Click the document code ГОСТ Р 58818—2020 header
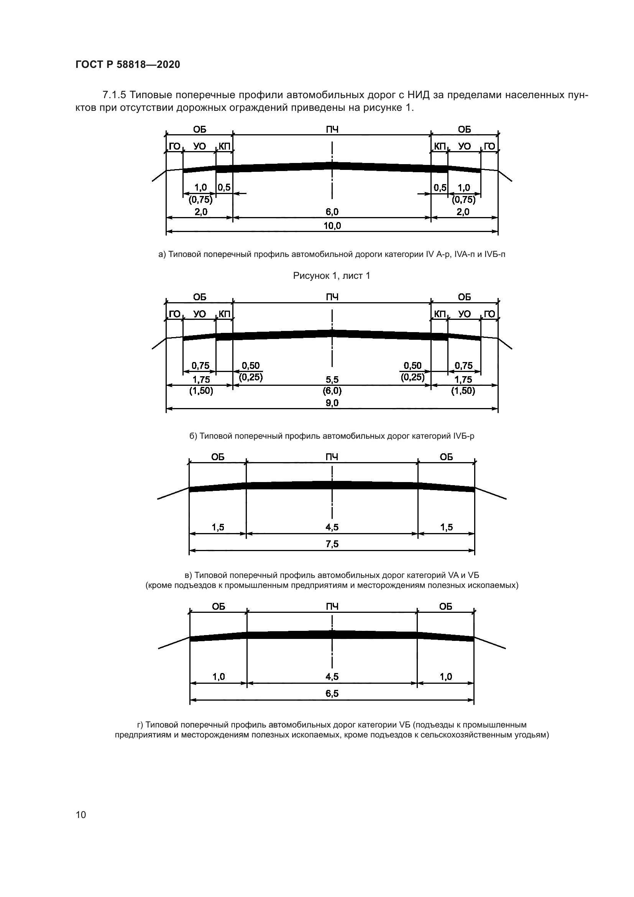(128, 65)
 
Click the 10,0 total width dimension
(332, 225)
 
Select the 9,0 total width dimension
(332, 403)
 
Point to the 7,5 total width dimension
(332, 544)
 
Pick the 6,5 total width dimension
(332, 693)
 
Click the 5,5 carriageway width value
(332, 379)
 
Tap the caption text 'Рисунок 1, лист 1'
(332, 276)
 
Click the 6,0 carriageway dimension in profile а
(332, 212)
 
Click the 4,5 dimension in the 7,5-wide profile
(332, 527)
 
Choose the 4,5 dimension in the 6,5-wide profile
(332, 676)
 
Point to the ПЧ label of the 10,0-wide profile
(332, 129)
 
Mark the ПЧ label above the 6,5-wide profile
(332, 606)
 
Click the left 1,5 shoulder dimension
(218, 527)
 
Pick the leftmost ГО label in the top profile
(174, 146)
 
